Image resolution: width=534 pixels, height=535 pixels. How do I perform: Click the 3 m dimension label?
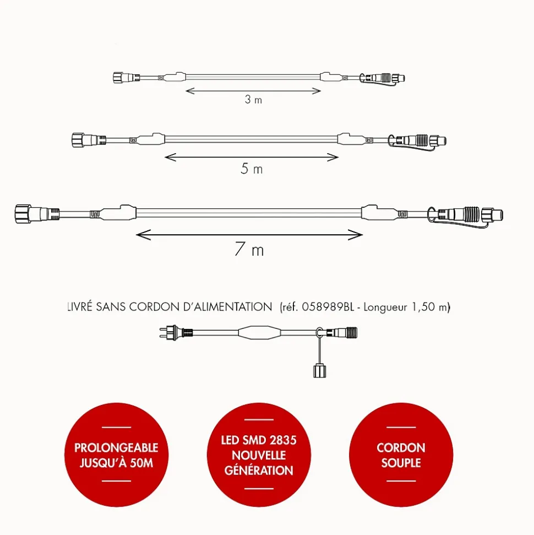(x=253, y=99)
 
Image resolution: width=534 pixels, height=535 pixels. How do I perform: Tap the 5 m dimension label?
(x=252, y=169)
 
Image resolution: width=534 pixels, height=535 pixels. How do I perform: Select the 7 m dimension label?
(x=249, y=249)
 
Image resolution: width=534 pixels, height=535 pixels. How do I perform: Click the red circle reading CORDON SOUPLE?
(x=401, y=455)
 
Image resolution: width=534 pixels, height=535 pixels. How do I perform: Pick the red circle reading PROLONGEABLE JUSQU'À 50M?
(x=116, y=455)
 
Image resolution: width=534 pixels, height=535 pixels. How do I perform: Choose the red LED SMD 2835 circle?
(x=259, y=455)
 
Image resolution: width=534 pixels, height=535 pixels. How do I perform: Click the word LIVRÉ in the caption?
(x=80, y=307)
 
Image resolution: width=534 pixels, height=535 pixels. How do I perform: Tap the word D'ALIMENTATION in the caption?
(x=227, y=307)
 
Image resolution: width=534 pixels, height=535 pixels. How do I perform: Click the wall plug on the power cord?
(x=176, y=332)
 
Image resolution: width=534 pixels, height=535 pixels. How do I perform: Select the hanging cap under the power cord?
(x=319, y=371)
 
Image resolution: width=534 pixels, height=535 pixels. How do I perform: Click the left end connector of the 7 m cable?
(x=37, y=214)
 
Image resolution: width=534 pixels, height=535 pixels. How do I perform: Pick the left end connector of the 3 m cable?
(x=127, y=78)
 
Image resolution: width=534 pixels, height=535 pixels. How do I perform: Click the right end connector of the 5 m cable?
(x=417, y=140)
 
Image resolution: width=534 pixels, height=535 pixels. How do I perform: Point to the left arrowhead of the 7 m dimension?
(x=143, y=235)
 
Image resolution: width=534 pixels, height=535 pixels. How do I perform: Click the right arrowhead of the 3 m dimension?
(x=317, y=91)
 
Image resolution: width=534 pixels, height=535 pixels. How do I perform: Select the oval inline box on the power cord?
(x=260, y=332)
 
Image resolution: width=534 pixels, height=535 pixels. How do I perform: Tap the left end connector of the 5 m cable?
(x=89, y=140)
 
